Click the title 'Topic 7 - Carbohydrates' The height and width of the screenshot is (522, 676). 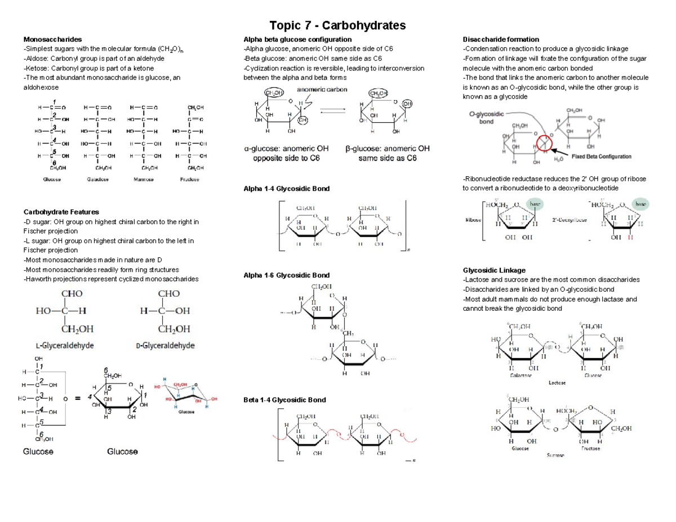tap(337, 25)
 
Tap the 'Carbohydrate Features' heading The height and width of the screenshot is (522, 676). tap(61, 212)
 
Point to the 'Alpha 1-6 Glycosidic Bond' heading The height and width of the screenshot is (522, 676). tap(286, 275)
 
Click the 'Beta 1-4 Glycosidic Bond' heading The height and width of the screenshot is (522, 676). tap(284, 400)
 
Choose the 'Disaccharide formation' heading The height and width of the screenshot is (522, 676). tap(500, 39)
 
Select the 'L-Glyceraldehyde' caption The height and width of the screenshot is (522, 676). tap(64, 345)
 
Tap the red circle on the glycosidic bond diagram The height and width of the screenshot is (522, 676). tap(544, 144)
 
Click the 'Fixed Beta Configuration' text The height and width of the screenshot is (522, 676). tap(601, 157)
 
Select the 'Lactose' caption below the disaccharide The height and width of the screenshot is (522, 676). tap(557, 382)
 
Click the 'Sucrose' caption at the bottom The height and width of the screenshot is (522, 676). tap(555, 455)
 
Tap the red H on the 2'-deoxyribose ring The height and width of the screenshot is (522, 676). tap(630, 238)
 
